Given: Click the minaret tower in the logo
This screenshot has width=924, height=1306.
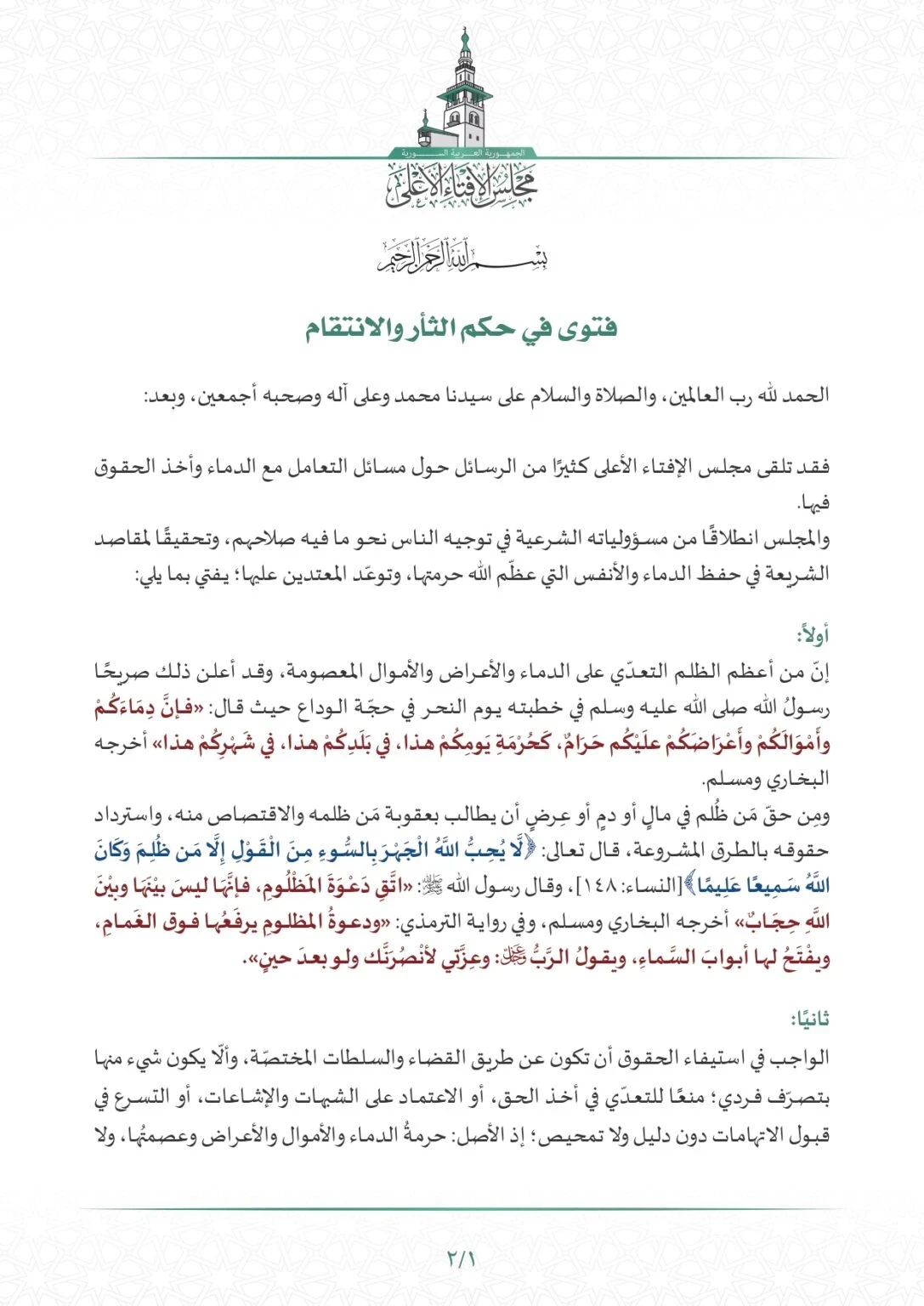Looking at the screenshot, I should tap(464, 89).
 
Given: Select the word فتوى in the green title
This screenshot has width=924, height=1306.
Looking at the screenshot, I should tap(590, 328).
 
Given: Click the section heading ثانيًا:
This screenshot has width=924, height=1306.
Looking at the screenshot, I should tap(810, 1019).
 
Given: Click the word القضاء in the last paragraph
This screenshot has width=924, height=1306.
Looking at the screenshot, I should tap(519, 1059).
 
